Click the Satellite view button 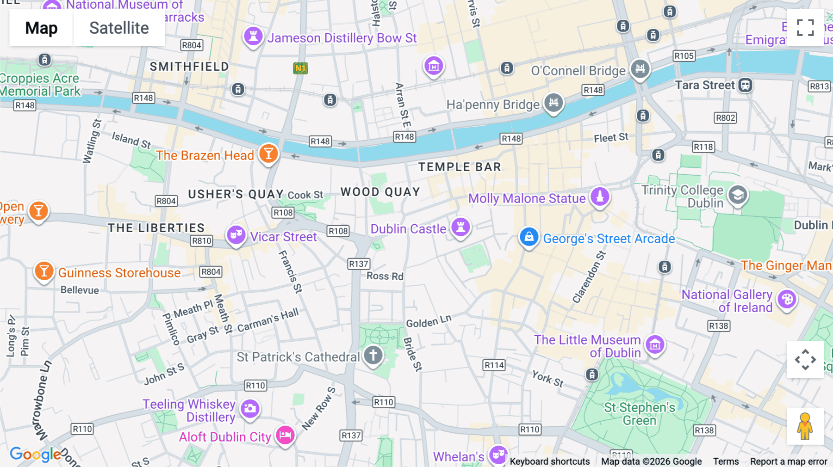coord(119,28)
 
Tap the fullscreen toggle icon coord(805,28)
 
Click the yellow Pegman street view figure coord(805,426)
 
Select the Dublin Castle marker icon coord(460,227)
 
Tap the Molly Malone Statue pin coord(600,197)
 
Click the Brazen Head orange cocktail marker coord(268,153)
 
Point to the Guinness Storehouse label coord(119,273)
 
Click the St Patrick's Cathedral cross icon coord(373,355)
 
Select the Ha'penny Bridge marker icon coord(553,102)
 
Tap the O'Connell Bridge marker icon coord(640,69)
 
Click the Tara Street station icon coord(745,85)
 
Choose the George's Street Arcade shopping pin coord(529,237)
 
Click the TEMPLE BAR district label coord(460,167)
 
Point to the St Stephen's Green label coord(640,414)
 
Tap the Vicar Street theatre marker coord(236,235)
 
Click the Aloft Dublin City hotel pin coord(285,435)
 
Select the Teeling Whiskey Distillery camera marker coord(250,408)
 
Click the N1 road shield coord(301,68)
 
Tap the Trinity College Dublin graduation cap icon coord(738,195)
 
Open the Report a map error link coord(789,461)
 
